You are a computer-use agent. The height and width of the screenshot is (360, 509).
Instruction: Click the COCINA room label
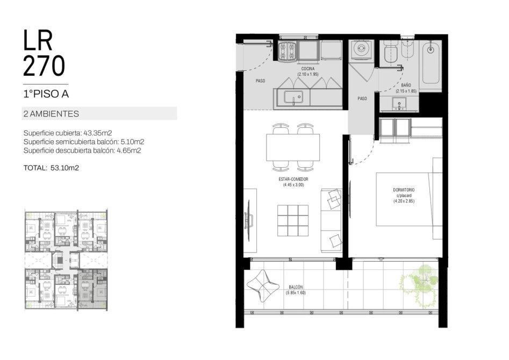point(308,69)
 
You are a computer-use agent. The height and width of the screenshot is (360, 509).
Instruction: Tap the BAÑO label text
point(406,85)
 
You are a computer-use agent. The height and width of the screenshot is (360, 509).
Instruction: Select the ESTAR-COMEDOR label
point(293,179)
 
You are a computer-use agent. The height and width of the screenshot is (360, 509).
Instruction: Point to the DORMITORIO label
point(404,190)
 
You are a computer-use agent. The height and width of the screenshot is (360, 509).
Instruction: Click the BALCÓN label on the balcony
point(296,287)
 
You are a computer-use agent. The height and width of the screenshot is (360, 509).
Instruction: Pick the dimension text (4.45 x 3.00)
point(293,185)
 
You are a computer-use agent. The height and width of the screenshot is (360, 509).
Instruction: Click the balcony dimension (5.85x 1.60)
point(296,293)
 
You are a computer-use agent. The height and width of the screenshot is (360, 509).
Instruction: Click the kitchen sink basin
point(293,97)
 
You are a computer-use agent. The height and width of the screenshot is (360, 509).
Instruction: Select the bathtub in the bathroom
point(431,61)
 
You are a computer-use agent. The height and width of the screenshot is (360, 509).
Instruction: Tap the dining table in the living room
point(293,147)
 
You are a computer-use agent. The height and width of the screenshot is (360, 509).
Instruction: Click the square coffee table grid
point(293,220)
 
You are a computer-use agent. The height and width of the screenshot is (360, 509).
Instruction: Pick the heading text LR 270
point(44,53)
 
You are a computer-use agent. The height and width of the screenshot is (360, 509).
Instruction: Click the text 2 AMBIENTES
point(51,114)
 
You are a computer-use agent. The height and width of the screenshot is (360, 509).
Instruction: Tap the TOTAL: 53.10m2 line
point(51,168)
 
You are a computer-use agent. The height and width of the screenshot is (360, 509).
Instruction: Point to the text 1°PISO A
point(46,94)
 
